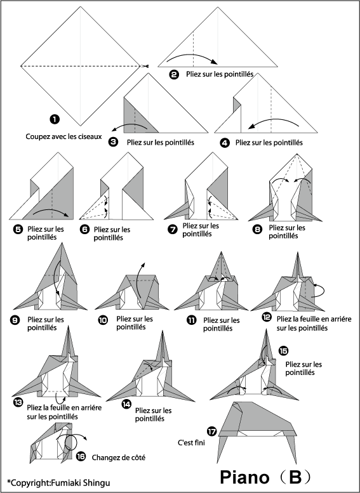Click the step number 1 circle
[x=55, y=119]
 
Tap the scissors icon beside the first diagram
[x=144, y=66]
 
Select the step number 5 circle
[x=18, y=229]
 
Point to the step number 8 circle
[x=257, y=230]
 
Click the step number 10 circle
[x=103, y=320]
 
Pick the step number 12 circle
[x=266, y=317]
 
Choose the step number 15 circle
[x=283, y=350]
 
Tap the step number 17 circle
[x=212, y=431]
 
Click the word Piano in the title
[x=244, y=477]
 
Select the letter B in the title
[x=295, y=477]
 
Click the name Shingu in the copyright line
[x=97, y=483]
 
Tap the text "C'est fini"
[x=191, y=443]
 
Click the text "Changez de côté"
[x=119, y=457]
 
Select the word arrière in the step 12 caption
[x=339, y=319]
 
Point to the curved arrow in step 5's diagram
[x=51, y=211]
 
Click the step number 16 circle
[x=81, y=457]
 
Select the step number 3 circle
[x=113, y=142]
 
